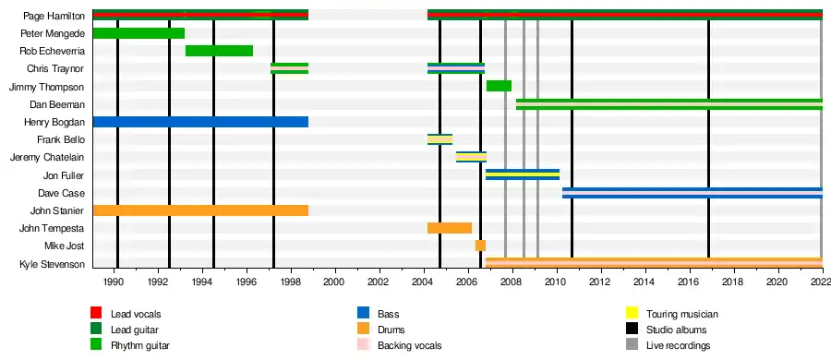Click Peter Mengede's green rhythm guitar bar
tap(138, 33)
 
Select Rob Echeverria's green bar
tap(219, 51)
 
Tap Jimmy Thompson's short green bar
tap(499, 86)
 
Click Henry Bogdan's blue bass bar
tap(201, 122)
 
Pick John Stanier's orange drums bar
tap(201, 210)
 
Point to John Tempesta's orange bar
tap(450, 228)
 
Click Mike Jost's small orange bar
tap(480, 246)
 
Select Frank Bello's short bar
tap(440, 139)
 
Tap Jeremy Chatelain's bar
tap(471, 157)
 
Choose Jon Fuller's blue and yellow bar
tap(523, 174)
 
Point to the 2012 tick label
tap(600, 281)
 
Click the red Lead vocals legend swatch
tap(96, 313)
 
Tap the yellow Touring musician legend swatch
tap(632, 313)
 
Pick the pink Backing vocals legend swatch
tap(363, 345)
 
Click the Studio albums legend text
tap(676, 330)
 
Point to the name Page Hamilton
tap(54, 16)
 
